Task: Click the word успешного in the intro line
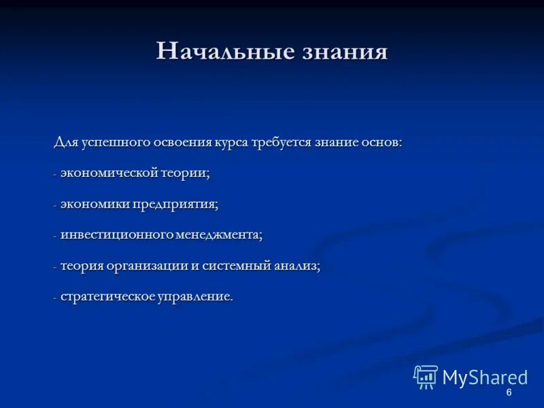(112, 143)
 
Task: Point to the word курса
(231, 143)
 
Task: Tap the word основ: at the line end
(382, 143)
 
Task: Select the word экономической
(109, 173)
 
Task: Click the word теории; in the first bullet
(186, 173)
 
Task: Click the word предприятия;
(174, 204)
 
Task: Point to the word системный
(231, 266)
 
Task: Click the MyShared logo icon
(426, 377)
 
